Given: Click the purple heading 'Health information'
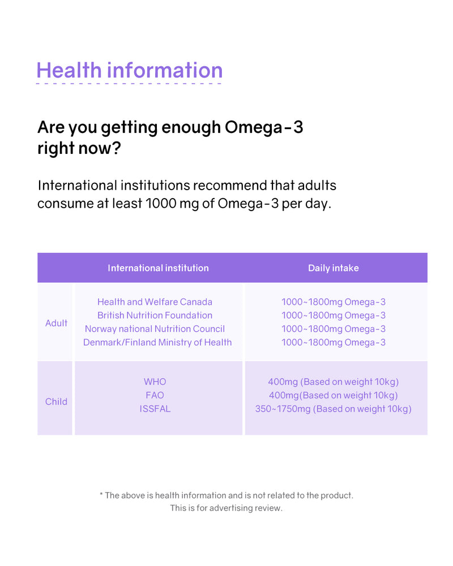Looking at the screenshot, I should pyautogui.click(x=129, y=70).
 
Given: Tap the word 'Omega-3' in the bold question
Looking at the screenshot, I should pyautogui.click(x=264, y=127).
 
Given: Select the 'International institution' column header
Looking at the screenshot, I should pyautogui.click(x=158, y=268).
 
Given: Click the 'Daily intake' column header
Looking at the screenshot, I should pyautogui.click(x=333, y=268).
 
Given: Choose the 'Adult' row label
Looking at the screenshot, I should pyautogui.click(x=56, y=323).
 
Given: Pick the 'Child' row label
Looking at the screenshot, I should pyautogui.click(x=56, y=402).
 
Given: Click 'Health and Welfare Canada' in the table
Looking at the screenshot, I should pyautogui.click(x=155, y=302).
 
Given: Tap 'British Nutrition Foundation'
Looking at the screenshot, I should pyautogui.click(x=155, y=315).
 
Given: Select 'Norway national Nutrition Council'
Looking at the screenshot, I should pyautogui.click(x=155, y=329).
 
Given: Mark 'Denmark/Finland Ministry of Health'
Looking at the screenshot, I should pyautogui.click(x=157, y=342).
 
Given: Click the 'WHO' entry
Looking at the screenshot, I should pyautogui.click(x=155, y=382).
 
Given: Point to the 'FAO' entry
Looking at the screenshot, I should pyautogui.click(x=155, y=395).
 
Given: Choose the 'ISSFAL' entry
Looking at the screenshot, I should pyautogui.click(x=155, y=409).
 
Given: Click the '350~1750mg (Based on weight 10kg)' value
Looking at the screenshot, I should pyautogui.click(x=333, y=409).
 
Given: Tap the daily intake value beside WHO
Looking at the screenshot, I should pyautogui.click(x=333, y=382).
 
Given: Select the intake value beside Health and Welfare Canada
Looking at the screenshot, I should pyautogui.click(x=333, y=302).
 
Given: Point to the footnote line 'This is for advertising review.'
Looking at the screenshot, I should pyautogui.click(x=226, y=508).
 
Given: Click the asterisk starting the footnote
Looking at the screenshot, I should pyautogui.click(x=101, y=495).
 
